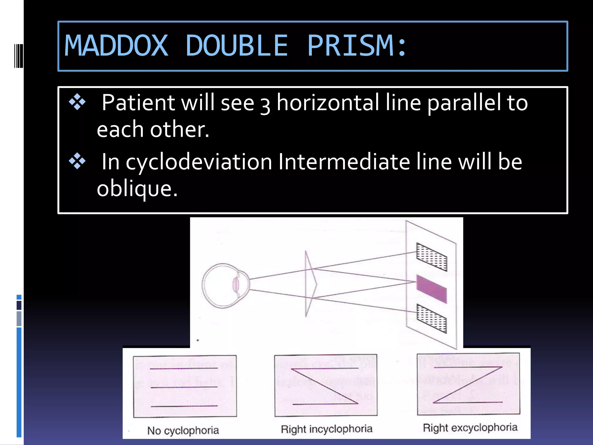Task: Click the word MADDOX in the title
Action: click(116, 46)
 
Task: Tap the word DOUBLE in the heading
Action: click(237, 46)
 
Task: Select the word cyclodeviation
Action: click(199, 162)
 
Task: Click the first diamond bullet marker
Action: click(77, 102)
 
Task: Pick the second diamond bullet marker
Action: click(77, 161)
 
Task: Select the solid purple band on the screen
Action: click(431, 289)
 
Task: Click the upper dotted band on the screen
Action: click(431, 257)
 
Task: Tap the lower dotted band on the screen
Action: click(431, 318)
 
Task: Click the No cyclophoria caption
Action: click(183, 431)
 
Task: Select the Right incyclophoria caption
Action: click(326, 429)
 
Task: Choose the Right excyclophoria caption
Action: click(470, 428)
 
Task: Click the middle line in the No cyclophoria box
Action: click(184, 387)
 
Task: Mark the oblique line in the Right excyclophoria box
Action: click(468, 385)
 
